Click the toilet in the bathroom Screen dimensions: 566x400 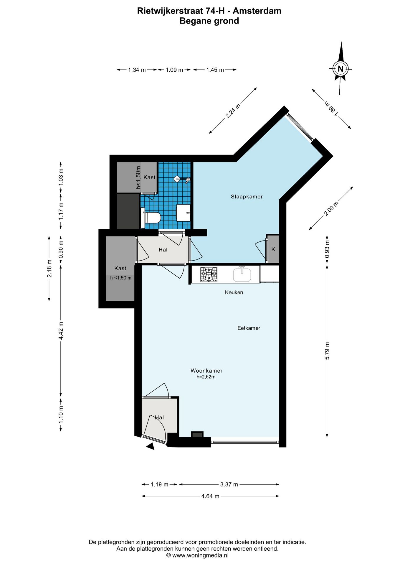click(x=152, y=218)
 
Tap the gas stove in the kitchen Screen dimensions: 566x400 click(x=209, y=274)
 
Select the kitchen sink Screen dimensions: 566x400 click(x=242, y=274)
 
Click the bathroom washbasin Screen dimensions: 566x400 click(x=183, y=213)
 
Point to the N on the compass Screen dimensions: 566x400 click(x=341, y=69)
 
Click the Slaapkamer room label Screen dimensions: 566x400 click(x=247, y=197)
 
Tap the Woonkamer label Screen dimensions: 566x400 click(x=206, y=371)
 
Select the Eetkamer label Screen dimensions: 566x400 click(x=249, y=328)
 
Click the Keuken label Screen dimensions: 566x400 click(x=234, y=292)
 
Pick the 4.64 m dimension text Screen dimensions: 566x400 click(x=210, y=496)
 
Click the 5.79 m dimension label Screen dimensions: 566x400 click(x=327, y=351)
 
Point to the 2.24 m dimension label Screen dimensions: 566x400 click(x=233, y=111)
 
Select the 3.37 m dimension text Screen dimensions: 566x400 click(x=229, y=484)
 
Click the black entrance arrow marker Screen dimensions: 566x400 click(x=151, y=446)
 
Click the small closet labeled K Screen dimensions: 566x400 click(x=273, y=249)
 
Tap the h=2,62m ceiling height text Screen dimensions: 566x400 click(x=206, y=377)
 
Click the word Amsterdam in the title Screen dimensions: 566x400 click(x=257, y=11)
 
